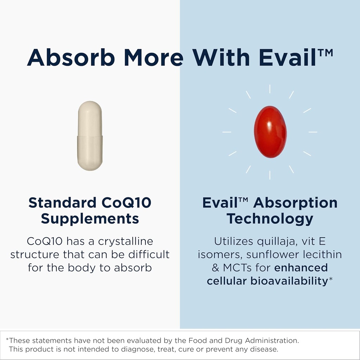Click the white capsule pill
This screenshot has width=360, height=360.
click(x=90, y=136)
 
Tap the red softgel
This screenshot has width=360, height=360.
click(x=270, y=132)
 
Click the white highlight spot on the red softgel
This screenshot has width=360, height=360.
click(x=269, y=125)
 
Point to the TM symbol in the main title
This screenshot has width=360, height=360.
click(x=326, y=53)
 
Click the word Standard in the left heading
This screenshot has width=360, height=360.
click(x=62, y=202)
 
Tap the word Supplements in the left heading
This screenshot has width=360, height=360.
click(x=90, y=219)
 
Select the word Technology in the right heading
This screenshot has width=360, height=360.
click(x=270, y=219)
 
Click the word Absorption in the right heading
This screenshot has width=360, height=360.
click(x=295, y=203)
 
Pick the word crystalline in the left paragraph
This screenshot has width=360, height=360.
click(x=126, y=242)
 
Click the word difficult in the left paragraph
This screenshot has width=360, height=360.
click(x=149, y=255)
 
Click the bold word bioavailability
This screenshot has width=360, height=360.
click(x=289, y=281)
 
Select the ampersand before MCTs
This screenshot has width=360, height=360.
click(x=216, y=268)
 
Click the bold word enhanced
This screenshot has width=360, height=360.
click(x=301, y=268)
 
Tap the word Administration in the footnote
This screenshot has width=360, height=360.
click(x=272, y=340)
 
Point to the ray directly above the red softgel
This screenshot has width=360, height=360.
click(x=270, y=89)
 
